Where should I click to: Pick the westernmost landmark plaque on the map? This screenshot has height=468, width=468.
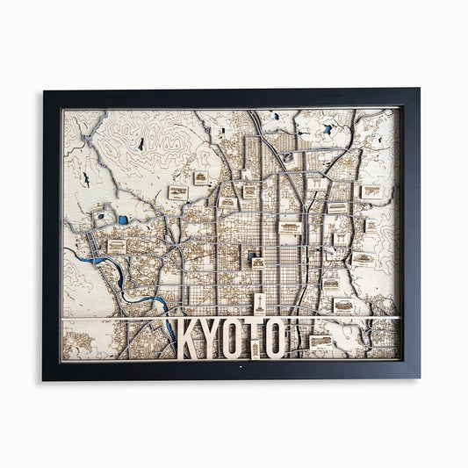coord(116,247)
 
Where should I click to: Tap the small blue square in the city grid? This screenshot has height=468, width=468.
coord(258,262)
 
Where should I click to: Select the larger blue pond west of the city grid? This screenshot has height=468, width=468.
coord(123,220)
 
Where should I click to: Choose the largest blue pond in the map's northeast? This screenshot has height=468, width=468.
coord(326,130)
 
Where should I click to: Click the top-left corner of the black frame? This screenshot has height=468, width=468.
coord(44,90)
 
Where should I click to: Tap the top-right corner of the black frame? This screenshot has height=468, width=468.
coord(420,90)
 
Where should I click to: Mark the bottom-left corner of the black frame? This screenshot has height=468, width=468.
coord(44,378)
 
